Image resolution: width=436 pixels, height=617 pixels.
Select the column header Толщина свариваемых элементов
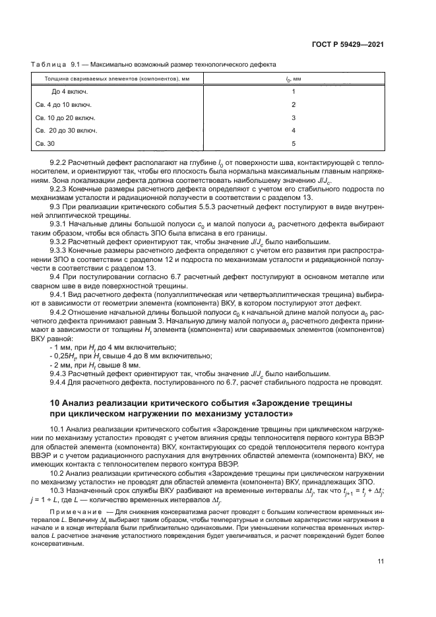pyautogui.click(x=97, y=79)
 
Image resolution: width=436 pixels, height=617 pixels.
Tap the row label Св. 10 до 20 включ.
pyautogui.click(x=65, y=117)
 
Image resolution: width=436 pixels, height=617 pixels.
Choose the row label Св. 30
pyautogui.click(x=44, y=143)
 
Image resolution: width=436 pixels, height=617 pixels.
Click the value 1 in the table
pyautogui.click(x=294, y=92)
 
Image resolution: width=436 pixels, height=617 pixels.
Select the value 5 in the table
pyautogui.click(x=294, y=143)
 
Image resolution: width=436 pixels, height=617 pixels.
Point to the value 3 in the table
pyautogui.click(x=294, y=117)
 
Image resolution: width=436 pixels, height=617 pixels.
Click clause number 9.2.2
pyautogui.click(x=61, y=162)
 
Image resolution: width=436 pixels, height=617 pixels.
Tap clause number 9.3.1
pyautogui.click(x=61, y=224)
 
